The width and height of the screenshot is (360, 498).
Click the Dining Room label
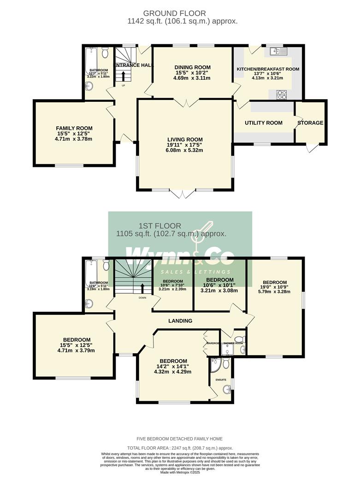point(191,66)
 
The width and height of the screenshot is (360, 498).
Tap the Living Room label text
point(184,139)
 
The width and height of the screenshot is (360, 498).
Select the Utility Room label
point(263,123)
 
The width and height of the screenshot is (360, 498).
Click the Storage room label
point(310,123)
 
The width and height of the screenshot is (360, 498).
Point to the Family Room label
point(74,128)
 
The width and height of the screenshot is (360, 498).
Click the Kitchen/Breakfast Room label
point(268,69)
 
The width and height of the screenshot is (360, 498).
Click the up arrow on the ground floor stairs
point(123,75)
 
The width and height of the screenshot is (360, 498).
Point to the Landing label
point(180,321)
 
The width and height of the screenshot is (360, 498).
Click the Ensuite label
point(221,379)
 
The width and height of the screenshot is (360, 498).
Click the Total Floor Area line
point(180,448)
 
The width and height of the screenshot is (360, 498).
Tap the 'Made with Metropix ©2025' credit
point(180,473)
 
